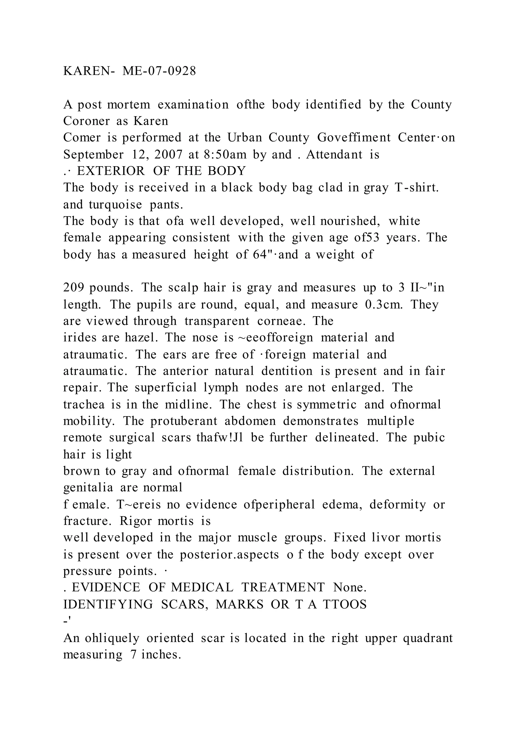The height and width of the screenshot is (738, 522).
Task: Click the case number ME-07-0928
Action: tap(159, 71)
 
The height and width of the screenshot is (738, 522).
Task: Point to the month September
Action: tap(93, 155)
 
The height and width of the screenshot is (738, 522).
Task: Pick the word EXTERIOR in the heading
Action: tap(111, 171)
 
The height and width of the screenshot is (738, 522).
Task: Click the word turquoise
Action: tap(115, 204)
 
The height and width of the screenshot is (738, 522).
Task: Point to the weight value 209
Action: tap(74, 288)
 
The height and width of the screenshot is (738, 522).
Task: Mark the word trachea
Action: tap(84, 404)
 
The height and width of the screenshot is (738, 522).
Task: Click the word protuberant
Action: tap(184, 421)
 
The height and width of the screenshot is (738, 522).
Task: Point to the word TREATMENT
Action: tap(283, 588)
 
